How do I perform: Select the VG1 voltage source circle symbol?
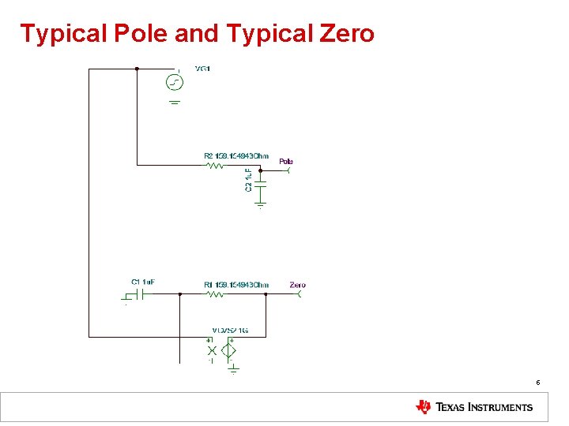[x=175, y=82]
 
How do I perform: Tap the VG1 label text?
[x=202, y=69]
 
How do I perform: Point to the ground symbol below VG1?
[x=175, y=102]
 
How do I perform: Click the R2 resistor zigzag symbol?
[x=215, y=165]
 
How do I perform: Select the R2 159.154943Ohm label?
[x=236, y=156]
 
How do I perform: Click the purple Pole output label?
[x=286, y=161]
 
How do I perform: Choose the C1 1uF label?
[x=143, y=282]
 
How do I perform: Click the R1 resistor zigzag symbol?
[x=215, y=294]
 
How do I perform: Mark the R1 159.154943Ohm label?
[x=236, y=285]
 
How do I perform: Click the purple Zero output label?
[x=297, y=285]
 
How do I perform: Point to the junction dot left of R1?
[x=180, y=294]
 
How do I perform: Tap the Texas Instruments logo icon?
[x=424, y=407]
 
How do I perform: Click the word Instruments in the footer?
[x=501, y=408]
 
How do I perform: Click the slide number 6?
[x=538, y=383]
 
